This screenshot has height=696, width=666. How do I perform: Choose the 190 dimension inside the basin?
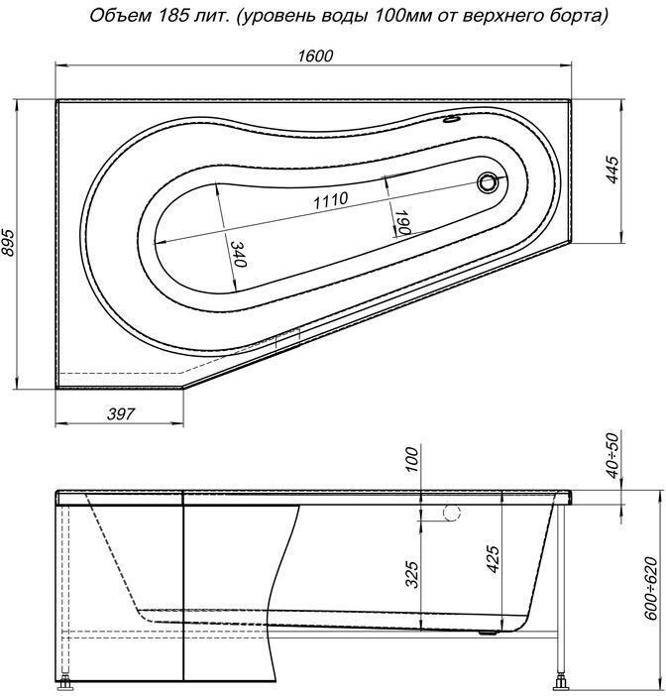[x=401, y=220]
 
